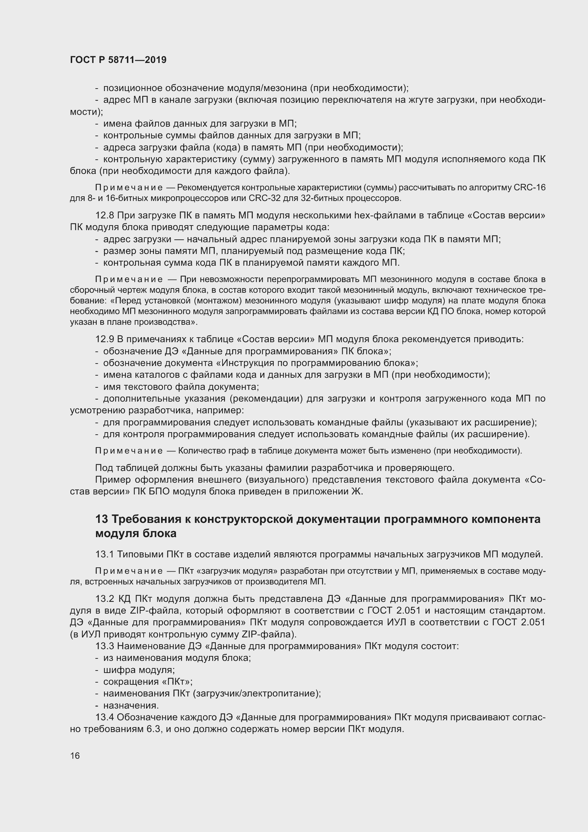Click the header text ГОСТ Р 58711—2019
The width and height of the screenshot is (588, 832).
[118, 60]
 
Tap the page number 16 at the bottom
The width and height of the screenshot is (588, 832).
[75, 756]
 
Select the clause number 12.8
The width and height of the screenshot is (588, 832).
[105, 216]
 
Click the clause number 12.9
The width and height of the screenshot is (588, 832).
[105, 339]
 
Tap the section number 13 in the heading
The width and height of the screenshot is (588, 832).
[102, 519]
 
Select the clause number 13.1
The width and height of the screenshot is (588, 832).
[105, 554]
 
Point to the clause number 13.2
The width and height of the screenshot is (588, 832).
[105, 599]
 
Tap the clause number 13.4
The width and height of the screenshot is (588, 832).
[105, 717]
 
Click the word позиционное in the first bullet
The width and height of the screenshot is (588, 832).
[133, 88]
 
